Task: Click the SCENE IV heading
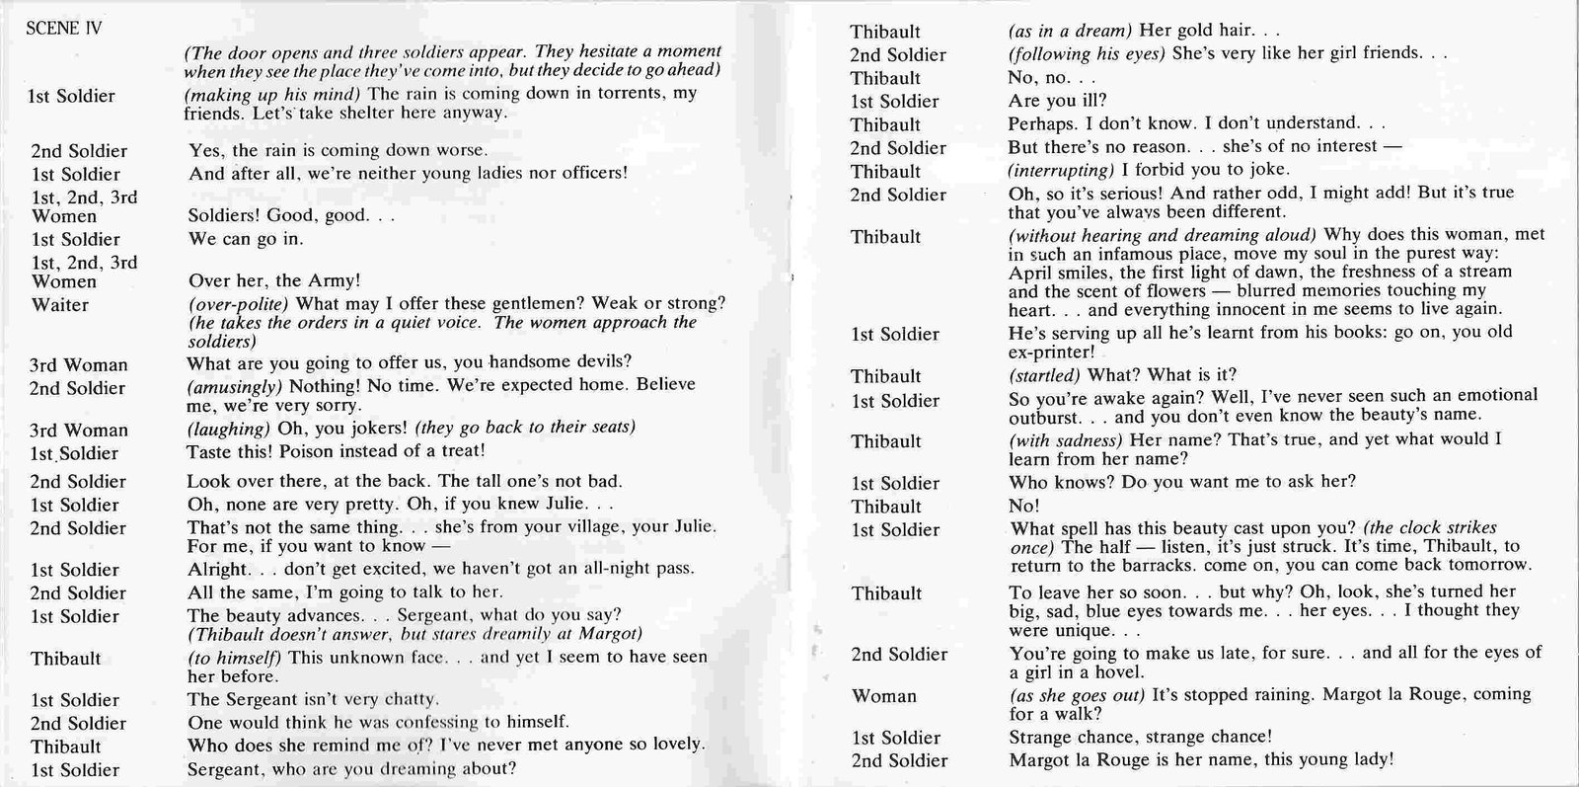(x=65, y=28)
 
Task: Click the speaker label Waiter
(x=60, y=305)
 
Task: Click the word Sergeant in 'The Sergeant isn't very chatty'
(x=262, y=699)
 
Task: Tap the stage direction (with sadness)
(x=1065, y=440)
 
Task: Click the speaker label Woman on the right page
(x=884, y=696)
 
